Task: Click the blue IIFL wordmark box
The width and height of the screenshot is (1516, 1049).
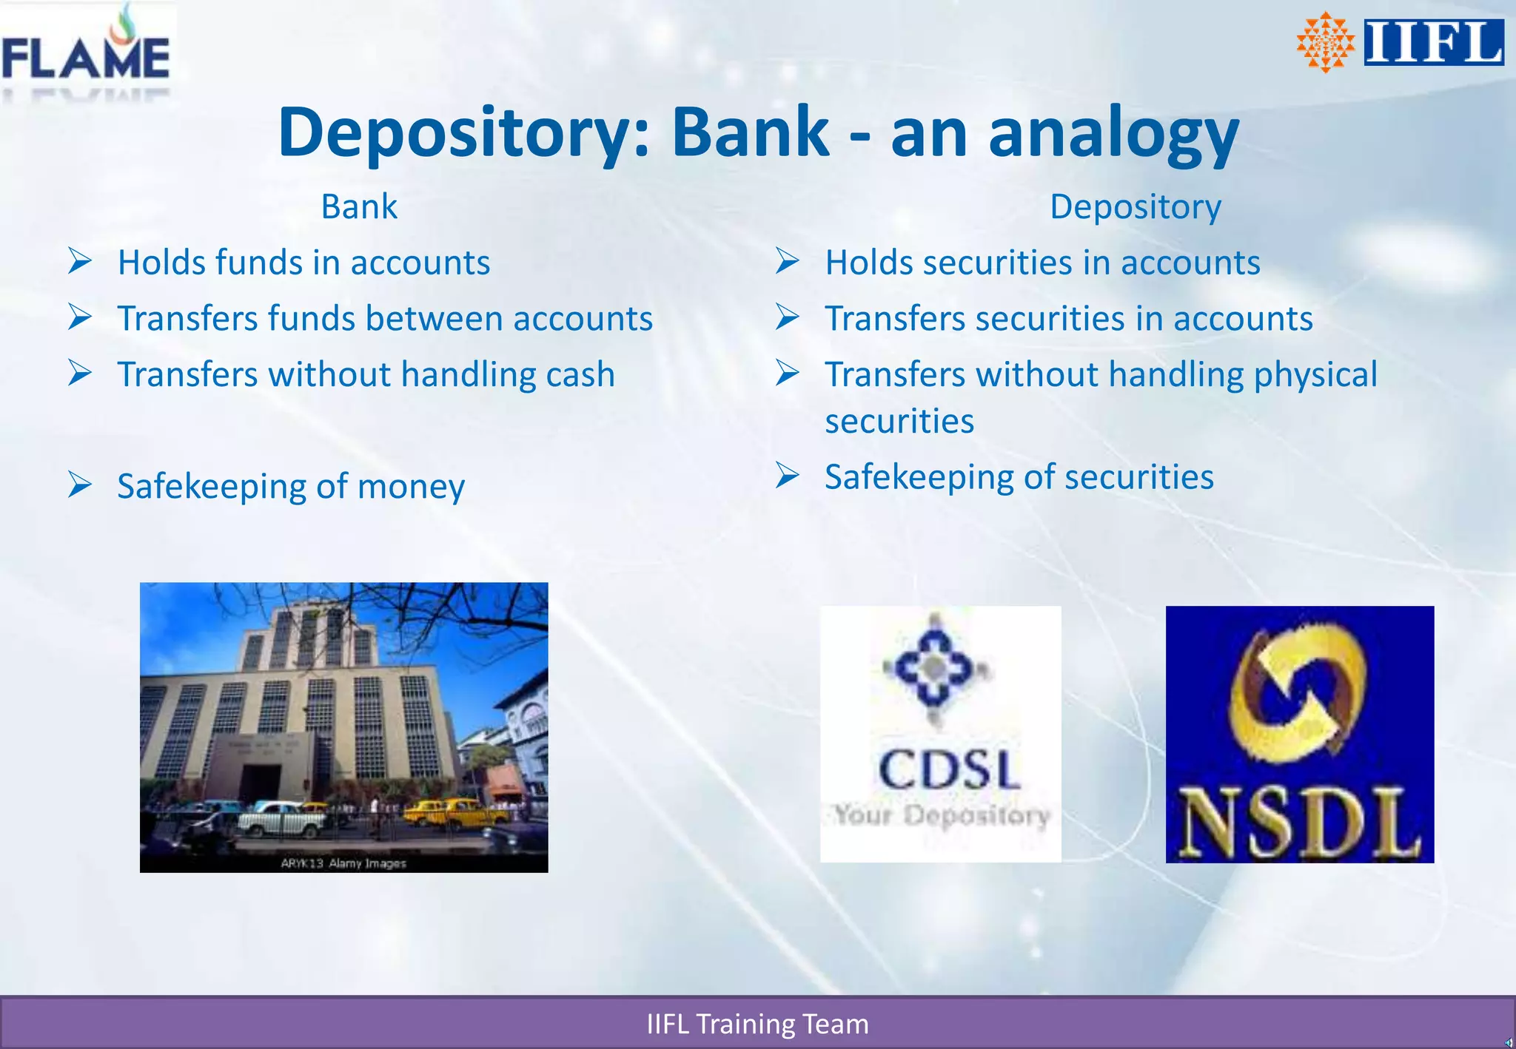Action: click(x=1433, y=42)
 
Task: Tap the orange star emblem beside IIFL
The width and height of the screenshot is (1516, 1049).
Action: click(x=1325, y=42)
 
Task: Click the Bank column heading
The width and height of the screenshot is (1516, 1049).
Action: click(x=359, y=206)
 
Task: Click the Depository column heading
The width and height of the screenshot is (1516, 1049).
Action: click(x=1135, y=206)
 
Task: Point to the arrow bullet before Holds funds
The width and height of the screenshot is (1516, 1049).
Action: click(x=80, y=261)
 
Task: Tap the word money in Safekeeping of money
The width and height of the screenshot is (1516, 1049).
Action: click(x=411, y=486)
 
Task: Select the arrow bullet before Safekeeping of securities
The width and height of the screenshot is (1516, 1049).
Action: click(x=788, y=475)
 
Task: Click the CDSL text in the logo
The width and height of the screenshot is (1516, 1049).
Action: click(x=949, y=769)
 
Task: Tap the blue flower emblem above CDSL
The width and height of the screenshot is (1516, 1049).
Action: click(x=934, y=668)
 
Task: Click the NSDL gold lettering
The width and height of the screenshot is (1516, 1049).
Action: click(x=1299, y=823)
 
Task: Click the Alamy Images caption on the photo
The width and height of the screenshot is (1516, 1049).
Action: click(x=343, y=863)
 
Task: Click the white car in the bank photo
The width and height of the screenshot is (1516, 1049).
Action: click(x=281, y=817)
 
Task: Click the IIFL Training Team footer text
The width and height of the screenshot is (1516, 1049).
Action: click(x=757, y=1024)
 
